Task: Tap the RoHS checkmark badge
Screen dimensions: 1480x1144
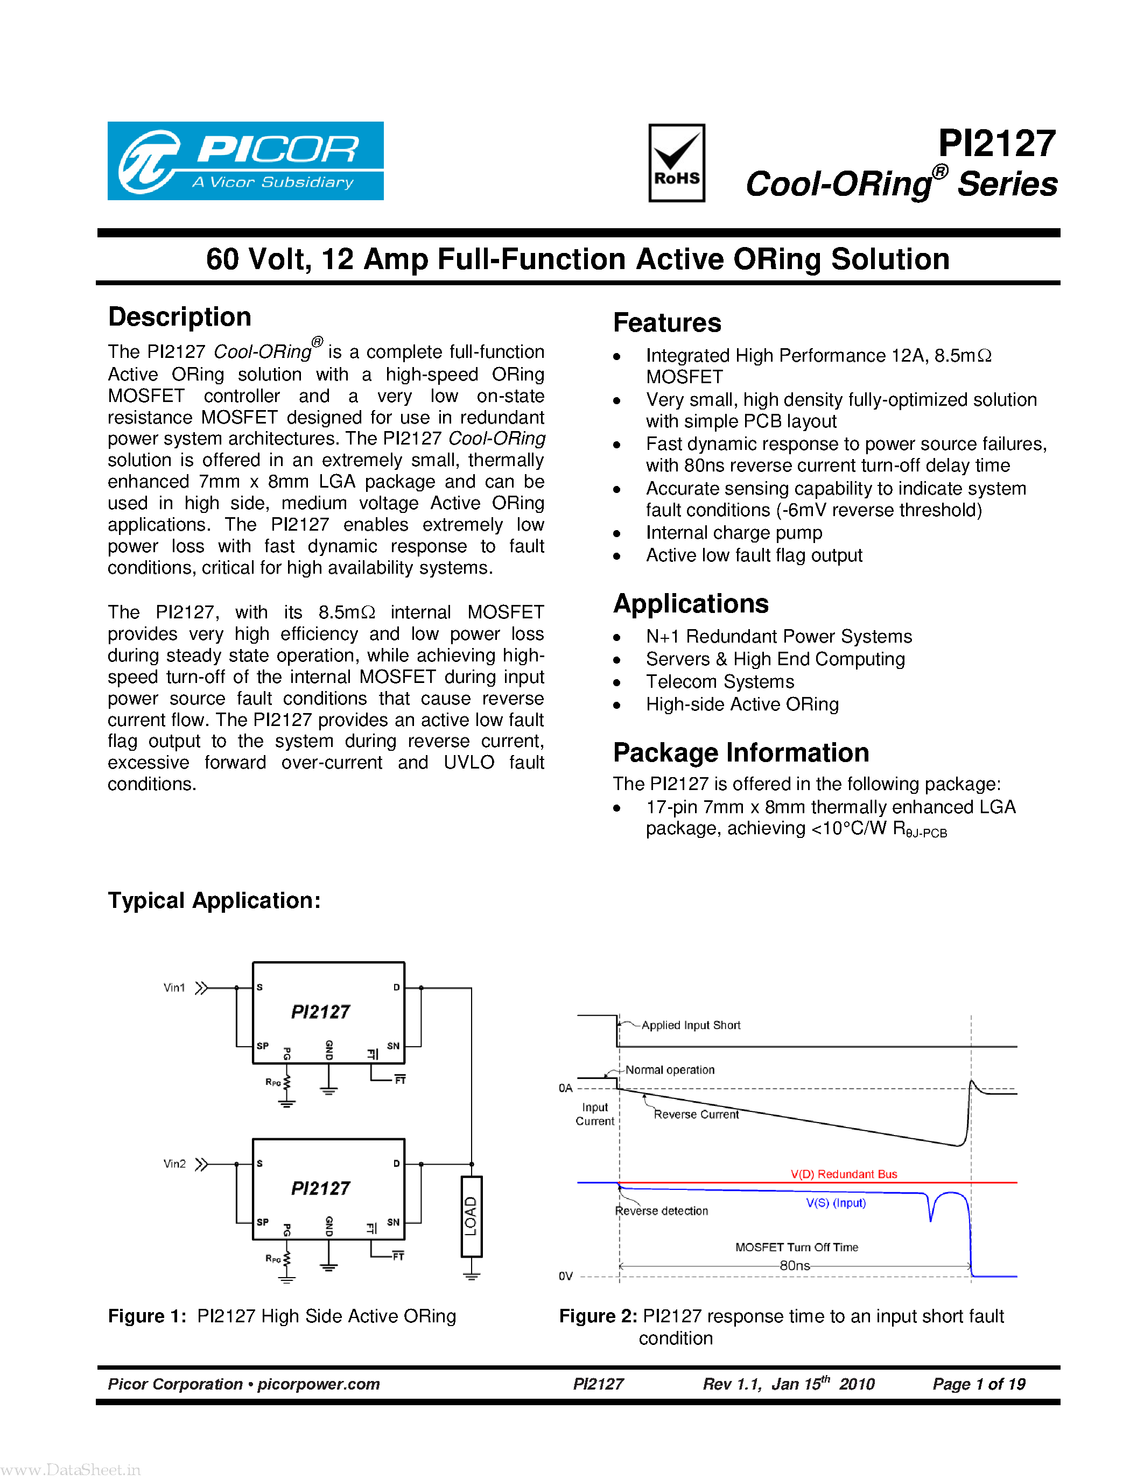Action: click(x=676, y=163)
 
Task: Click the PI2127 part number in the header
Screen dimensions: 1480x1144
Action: click(x=996, y=144)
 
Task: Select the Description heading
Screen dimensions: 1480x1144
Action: click(x=180, y=317)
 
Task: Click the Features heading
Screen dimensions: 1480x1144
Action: click(x=667, y=322)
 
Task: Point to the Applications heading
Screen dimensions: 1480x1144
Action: click(x=691, y=603)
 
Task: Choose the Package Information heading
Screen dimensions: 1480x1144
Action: click(x=741, y=752)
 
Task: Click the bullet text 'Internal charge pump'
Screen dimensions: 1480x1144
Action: click(x=734, y=533)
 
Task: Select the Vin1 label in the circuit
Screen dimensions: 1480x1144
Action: click(x=174, y=988)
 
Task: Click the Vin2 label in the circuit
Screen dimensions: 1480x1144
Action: click(x=174, y=1164)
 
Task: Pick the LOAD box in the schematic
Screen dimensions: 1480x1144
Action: click(x=471, y=1216)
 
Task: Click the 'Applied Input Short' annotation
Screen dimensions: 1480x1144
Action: click(x=691, y=1025)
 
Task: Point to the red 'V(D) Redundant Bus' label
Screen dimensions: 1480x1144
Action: click(x=844, y=1174)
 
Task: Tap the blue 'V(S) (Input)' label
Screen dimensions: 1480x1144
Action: click(x=836, y=1203)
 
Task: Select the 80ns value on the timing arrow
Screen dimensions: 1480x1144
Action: click(x=794, y=1265)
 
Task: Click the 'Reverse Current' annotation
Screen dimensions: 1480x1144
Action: click(x=696, y=1114)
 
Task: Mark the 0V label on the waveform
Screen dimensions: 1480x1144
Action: click(x=565, y=1276)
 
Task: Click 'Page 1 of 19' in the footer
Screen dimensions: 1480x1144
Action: click(x=979, y=1384)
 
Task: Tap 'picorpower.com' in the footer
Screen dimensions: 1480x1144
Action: click(x=319, y=1384)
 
